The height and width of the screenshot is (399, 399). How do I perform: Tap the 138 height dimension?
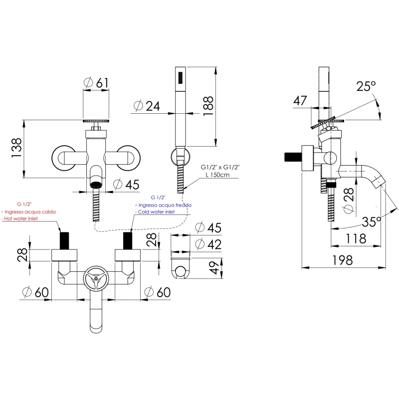coord(16,149)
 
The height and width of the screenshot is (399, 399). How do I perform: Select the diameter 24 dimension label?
coord(147,106)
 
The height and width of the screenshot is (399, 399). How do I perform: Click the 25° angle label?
coord(366,86)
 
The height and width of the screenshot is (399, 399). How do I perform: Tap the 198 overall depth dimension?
coord(343,260)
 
